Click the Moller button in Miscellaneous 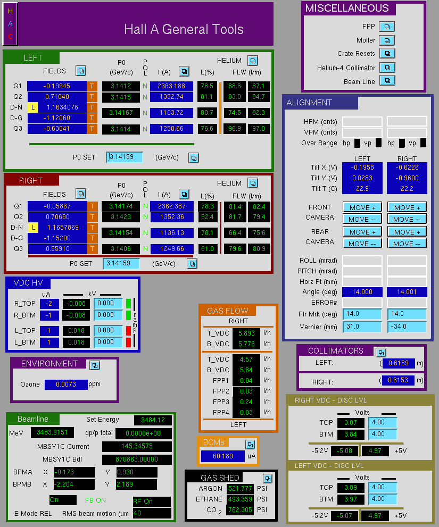(x=387, y=40)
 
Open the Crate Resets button (x=387, y=53)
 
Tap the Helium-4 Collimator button (x=387, y=68)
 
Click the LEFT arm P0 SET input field (x=125, y=157)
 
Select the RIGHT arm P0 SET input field (x=121, y=263)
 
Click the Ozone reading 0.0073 (x=66, y=384)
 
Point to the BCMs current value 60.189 (x=223, y=456)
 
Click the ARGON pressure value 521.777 (x=240, y=488)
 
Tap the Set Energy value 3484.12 (x=153, y=420)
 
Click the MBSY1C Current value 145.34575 (x=137, y=446)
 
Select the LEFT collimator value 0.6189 (x=399, y=363)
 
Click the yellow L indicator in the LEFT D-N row (x=32, y=107)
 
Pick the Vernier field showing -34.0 (x=407, y=327)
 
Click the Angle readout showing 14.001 (x=407, y=292)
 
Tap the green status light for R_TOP (x=128, y=304)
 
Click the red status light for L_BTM (x=128, y=342)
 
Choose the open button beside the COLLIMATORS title (x=381, y=353)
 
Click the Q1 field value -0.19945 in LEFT (x=57, y=86)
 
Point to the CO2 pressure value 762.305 (x=240, y=510)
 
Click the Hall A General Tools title (x=184, y=29)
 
